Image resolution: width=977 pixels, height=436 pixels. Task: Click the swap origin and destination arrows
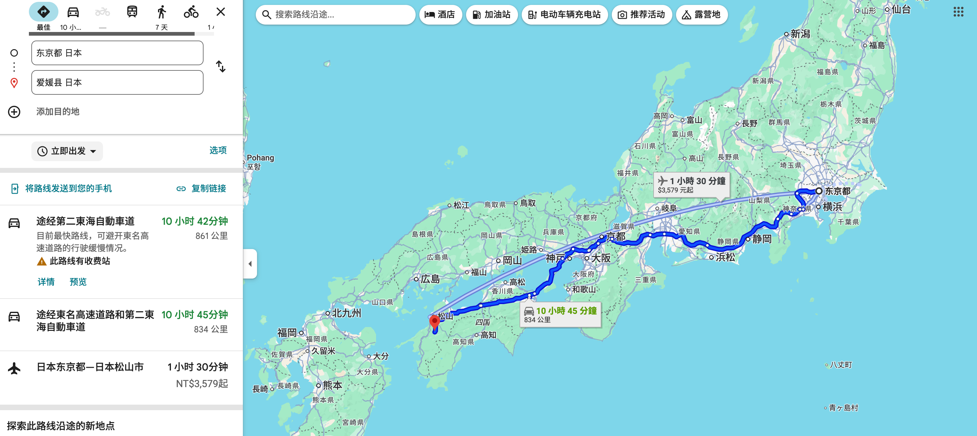point(221,67)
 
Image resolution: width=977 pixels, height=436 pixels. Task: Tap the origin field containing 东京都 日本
point(117,53)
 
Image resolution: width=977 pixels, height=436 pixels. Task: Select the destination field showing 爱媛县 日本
point(117,83)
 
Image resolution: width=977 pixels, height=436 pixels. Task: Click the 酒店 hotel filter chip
point(440,15)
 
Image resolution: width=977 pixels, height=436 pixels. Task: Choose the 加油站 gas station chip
point(492,15)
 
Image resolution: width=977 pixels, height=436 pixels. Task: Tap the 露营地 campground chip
point(701,15)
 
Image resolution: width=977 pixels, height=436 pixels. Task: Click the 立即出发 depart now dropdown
point(67,151)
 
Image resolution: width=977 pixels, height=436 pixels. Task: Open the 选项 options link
point(218,150)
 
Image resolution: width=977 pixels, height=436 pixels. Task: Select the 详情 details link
point(46,282)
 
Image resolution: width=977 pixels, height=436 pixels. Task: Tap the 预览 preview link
point(78,282)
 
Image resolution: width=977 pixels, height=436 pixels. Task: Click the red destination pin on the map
point(434,322)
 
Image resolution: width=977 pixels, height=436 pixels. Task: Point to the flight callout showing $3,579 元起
point(691,185)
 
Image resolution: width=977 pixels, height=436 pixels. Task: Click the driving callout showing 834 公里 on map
point(560,315)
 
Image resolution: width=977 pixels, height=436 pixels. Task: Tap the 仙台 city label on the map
point(901,10)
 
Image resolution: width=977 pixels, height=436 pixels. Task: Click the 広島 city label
point(430,279)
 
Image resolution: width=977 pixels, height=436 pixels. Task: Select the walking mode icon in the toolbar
point(162,12)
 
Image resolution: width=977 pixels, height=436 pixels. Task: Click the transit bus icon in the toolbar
point(132,12)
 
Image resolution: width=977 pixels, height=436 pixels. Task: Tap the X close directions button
point(221,12)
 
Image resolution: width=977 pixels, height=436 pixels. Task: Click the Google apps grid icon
point(958,12)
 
